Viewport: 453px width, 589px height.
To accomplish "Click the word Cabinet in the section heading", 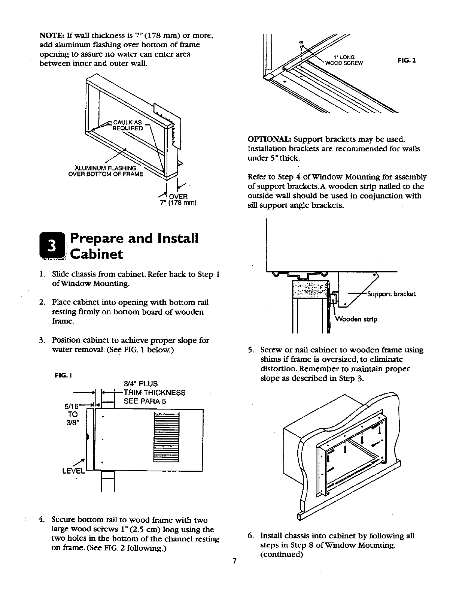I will [x=97, y=254].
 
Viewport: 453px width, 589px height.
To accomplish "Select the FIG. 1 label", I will [x=61, y=375].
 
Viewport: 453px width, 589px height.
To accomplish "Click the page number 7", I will [x=234, y=561].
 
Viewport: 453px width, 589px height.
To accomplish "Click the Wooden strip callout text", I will [x=356, y=319].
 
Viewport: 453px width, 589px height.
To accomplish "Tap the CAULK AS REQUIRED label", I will [x=127, y=125].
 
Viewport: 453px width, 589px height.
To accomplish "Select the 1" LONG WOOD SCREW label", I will [x=344, y=60].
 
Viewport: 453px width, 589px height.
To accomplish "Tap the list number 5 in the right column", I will [x=251, y=350].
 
